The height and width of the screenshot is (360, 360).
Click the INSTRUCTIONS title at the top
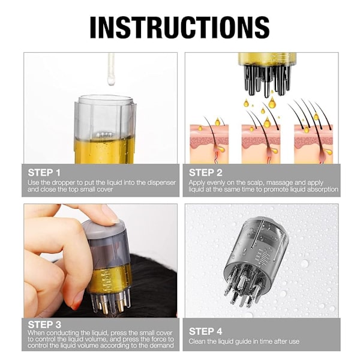pyautogui.click(x=179, y=28)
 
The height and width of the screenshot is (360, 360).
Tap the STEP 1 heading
pyautogui.click(x=44, y=173)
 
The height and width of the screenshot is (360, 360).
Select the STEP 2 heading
pyautogui.click(x=205, y=173)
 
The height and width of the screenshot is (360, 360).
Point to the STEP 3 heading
pyautogui.click(x=44, y=325)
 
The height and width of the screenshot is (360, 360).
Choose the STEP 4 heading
pyautogui.click(x=205, y=332)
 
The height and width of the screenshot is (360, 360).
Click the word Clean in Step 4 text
pyautogui.click(x=197, y=341)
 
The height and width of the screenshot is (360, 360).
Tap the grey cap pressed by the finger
pyautogui.click(x=104, y=230)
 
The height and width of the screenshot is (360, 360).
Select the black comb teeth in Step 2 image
pyautogui.click(x=266, y=80)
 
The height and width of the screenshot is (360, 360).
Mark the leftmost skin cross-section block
pyautogui.click(x=209, y=144)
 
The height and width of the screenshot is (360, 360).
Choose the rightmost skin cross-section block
pyautogui.click(x=313, y=144)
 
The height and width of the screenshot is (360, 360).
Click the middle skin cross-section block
pyautogui.click(x=261, y=144)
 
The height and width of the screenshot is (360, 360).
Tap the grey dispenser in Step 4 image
pyautogui.click(x=257, y=260)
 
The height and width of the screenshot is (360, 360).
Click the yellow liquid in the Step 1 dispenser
pyautogui.click(x=104, y=151)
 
